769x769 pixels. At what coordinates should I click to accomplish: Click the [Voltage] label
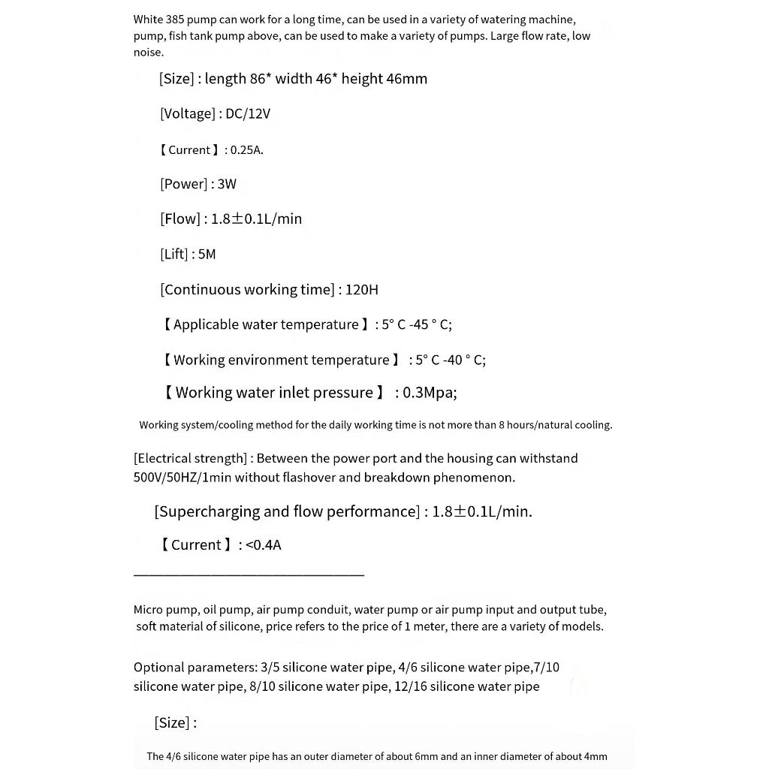pyautogui.click(x=187, y=113)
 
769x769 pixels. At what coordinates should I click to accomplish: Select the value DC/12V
pyautogui.click(x=248, y=113)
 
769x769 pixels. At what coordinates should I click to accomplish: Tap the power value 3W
pyautogui.click(x=227, y=184)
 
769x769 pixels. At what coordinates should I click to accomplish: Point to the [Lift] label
pyautogui.click(x=173, y=254)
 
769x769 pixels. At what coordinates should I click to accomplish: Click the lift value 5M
pyautogui.click(x=207, y=254)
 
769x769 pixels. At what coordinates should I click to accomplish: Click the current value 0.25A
pyautogui.click(x=246, y=149)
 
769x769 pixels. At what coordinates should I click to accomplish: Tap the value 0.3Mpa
pyautogui.click(x=429, y=392)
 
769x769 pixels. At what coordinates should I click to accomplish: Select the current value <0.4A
pyautogui.click(x=263, y=544)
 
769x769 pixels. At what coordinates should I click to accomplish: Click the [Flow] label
pyautogui.click(x=180, y=219)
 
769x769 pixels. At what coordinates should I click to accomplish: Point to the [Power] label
pyautogui.click(x=183, y=184)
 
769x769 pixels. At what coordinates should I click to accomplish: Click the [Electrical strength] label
pyautogui.click(x=191, y=458)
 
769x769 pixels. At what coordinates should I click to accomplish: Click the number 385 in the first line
pyautogui.click(x=173, y=20)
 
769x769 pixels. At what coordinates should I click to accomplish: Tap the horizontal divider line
pyautogui.click(x=249, y=575)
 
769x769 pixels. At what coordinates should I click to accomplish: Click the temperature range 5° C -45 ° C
pyautogui.click(x=416, y=324)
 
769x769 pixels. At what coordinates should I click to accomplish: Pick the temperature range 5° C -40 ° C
pyautogui.click(x=450, y=360)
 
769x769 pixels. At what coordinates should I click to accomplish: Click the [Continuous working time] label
pyautogui.click(x=247, y=289)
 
